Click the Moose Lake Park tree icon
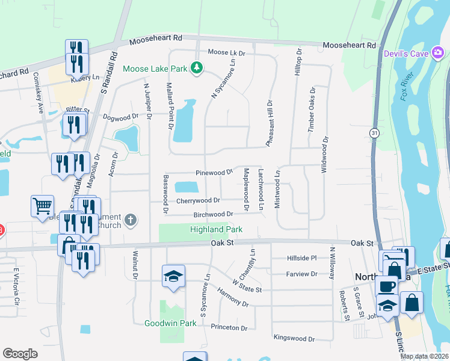point(196,68)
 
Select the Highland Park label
point(216,229)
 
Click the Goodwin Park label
point(170,323)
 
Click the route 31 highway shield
point(374,132)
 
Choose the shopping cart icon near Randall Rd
point(42,206)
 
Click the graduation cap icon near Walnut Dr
point(174,276)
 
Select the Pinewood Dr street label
point(214,173)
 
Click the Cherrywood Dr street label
point(198,200)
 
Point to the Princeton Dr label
point(229,327)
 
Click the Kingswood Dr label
point(294,339)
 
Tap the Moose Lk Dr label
point(227,53)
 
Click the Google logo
point(20,354)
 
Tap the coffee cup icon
point(386,285)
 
